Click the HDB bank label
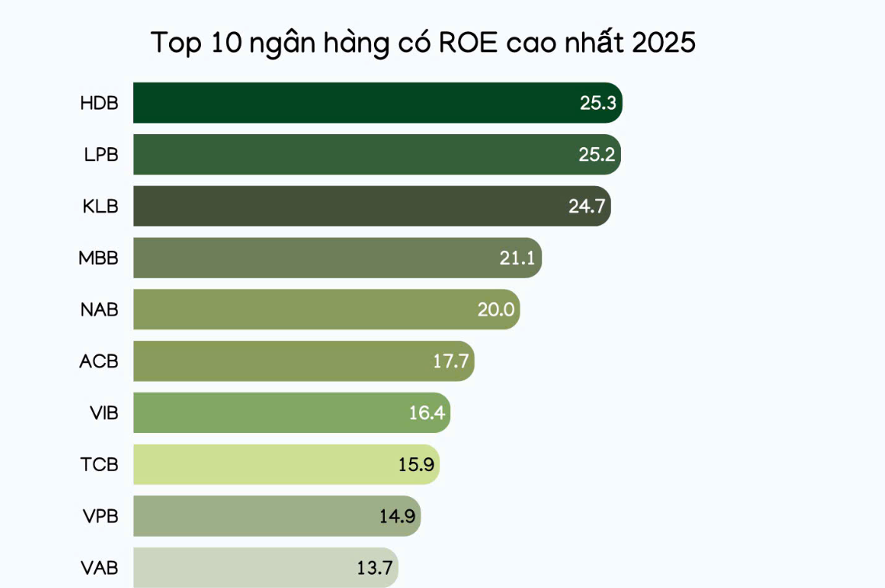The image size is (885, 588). coord(99,103)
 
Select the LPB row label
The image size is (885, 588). coord(100,154)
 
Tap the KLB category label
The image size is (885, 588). coord(100,206)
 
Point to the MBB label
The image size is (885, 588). coord(98,258)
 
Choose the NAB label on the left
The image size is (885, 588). coord(99,309)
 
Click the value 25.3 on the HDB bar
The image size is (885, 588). coord(598,103)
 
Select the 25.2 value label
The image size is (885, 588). coord(597,154)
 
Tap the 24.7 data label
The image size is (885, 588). coord(587,206)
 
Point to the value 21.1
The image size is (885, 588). coord(517,258)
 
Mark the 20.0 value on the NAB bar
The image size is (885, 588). coord(495,309)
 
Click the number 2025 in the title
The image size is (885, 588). coord(664,43)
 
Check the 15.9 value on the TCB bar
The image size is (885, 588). coord(415,464)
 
